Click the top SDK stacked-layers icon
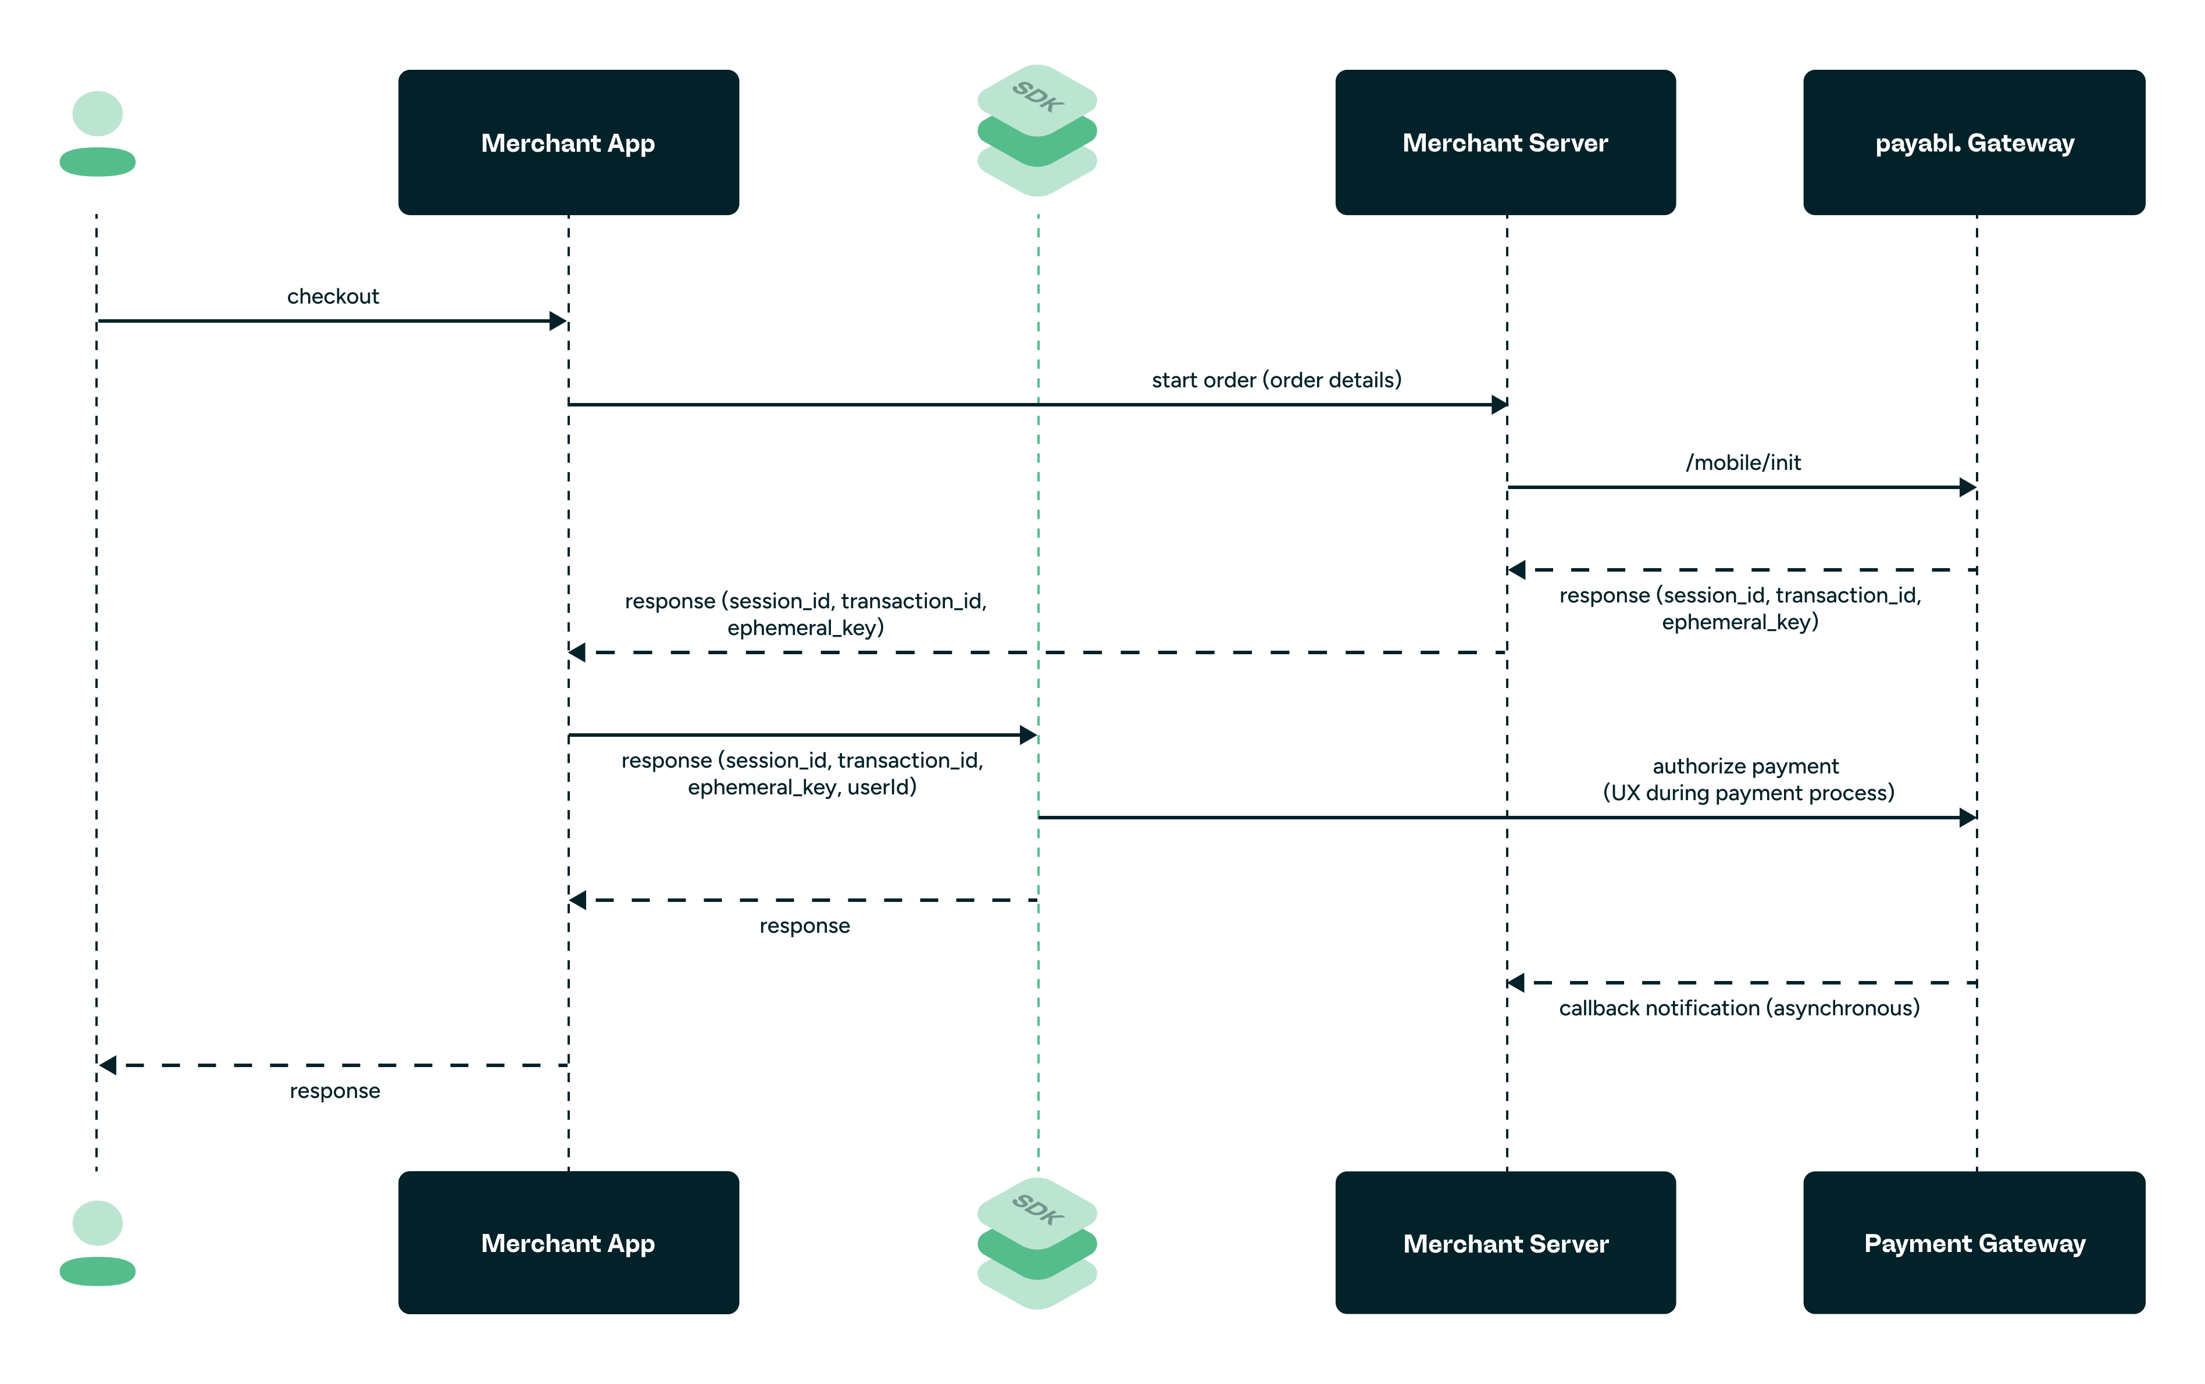[1036, 130]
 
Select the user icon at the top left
[97, 134]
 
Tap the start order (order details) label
[1276, 380]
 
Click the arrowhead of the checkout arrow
[558, 321]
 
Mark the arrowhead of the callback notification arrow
[1517, 983]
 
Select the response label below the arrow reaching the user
[334, 1091]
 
